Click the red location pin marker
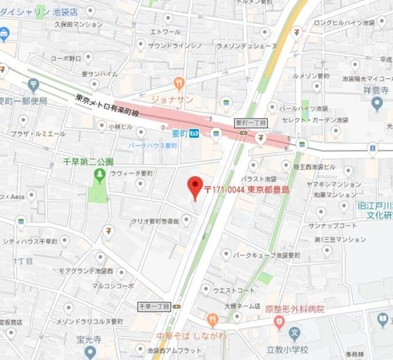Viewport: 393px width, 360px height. (195, 186)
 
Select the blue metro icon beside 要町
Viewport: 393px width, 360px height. (194, 132)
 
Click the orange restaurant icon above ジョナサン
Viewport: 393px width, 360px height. (179, 83)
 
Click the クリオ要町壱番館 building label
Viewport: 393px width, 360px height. (156, 221)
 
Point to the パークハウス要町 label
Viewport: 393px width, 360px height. (152, 146)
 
